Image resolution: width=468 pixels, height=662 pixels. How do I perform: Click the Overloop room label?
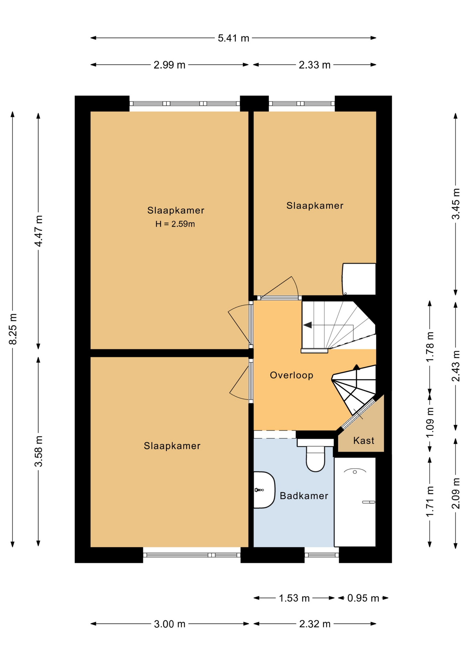[292, 375]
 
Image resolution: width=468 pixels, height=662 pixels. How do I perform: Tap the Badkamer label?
[304, 496]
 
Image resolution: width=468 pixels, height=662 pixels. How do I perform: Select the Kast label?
[364, 440]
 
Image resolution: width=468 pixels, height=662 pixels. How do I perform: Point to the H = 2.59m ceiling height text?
[175, 224]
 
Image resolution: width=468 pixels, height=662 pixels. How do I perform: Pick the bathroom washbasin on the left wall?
[264, 490]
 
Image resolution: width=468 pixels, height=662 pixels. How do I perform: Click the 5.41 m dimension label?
[233, 38]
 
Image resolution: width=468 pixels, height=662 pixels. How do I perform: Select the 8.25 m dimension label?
[13, 329]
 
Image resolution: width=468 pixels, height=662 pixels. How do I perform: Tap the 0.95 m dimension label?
[363, 598]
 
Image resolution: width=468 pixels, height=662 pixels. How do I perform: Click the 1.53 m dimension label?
[294, 598]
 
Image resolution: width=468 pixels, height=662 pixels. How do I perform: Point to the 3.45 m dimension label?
[456, 204]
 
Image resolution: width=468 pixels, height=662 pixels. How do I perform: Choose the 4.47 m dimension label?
[39, 231]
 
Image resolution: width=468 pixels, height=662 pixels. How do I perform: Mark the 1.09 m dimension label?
[430, 423]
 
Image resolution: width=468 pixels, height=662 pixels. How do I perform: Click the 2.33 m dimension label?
[315, 65]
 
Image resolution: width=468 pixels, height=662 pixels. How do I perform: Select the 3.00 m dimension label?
[170, 624]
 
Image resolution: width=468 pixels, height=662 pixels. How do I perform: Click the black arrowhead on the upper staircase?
[307, 325]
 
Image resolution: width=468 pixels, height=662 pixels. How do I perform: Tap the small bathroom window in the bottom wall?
[322, 555]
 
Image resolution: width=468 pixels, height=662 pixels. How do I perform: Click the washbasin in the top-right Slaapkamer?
[359, 279]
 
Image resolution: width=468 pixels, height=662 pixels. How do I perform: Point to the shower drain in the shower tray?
[355, 472]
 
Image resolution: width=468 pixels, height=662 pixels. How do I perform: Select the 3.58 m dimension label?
[39, 451]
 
